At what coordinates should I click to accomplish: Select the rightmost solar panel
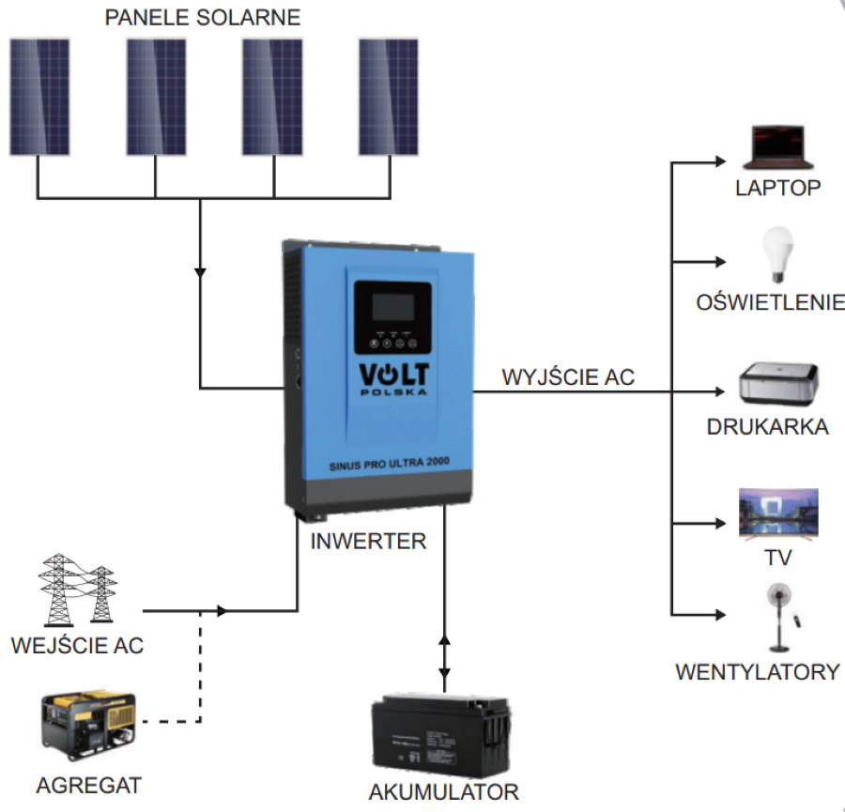[389, 97]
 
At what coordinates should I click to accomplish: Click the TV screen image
[778, 513]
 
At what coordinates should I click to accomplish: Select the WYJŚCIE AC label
[568, 377]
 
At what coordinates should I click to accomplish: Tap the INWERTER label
[368, 542]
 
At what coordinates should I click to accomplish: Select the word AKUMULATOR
[443, 791]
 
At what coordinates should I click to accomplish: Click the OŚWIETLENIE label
[771, 302]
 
